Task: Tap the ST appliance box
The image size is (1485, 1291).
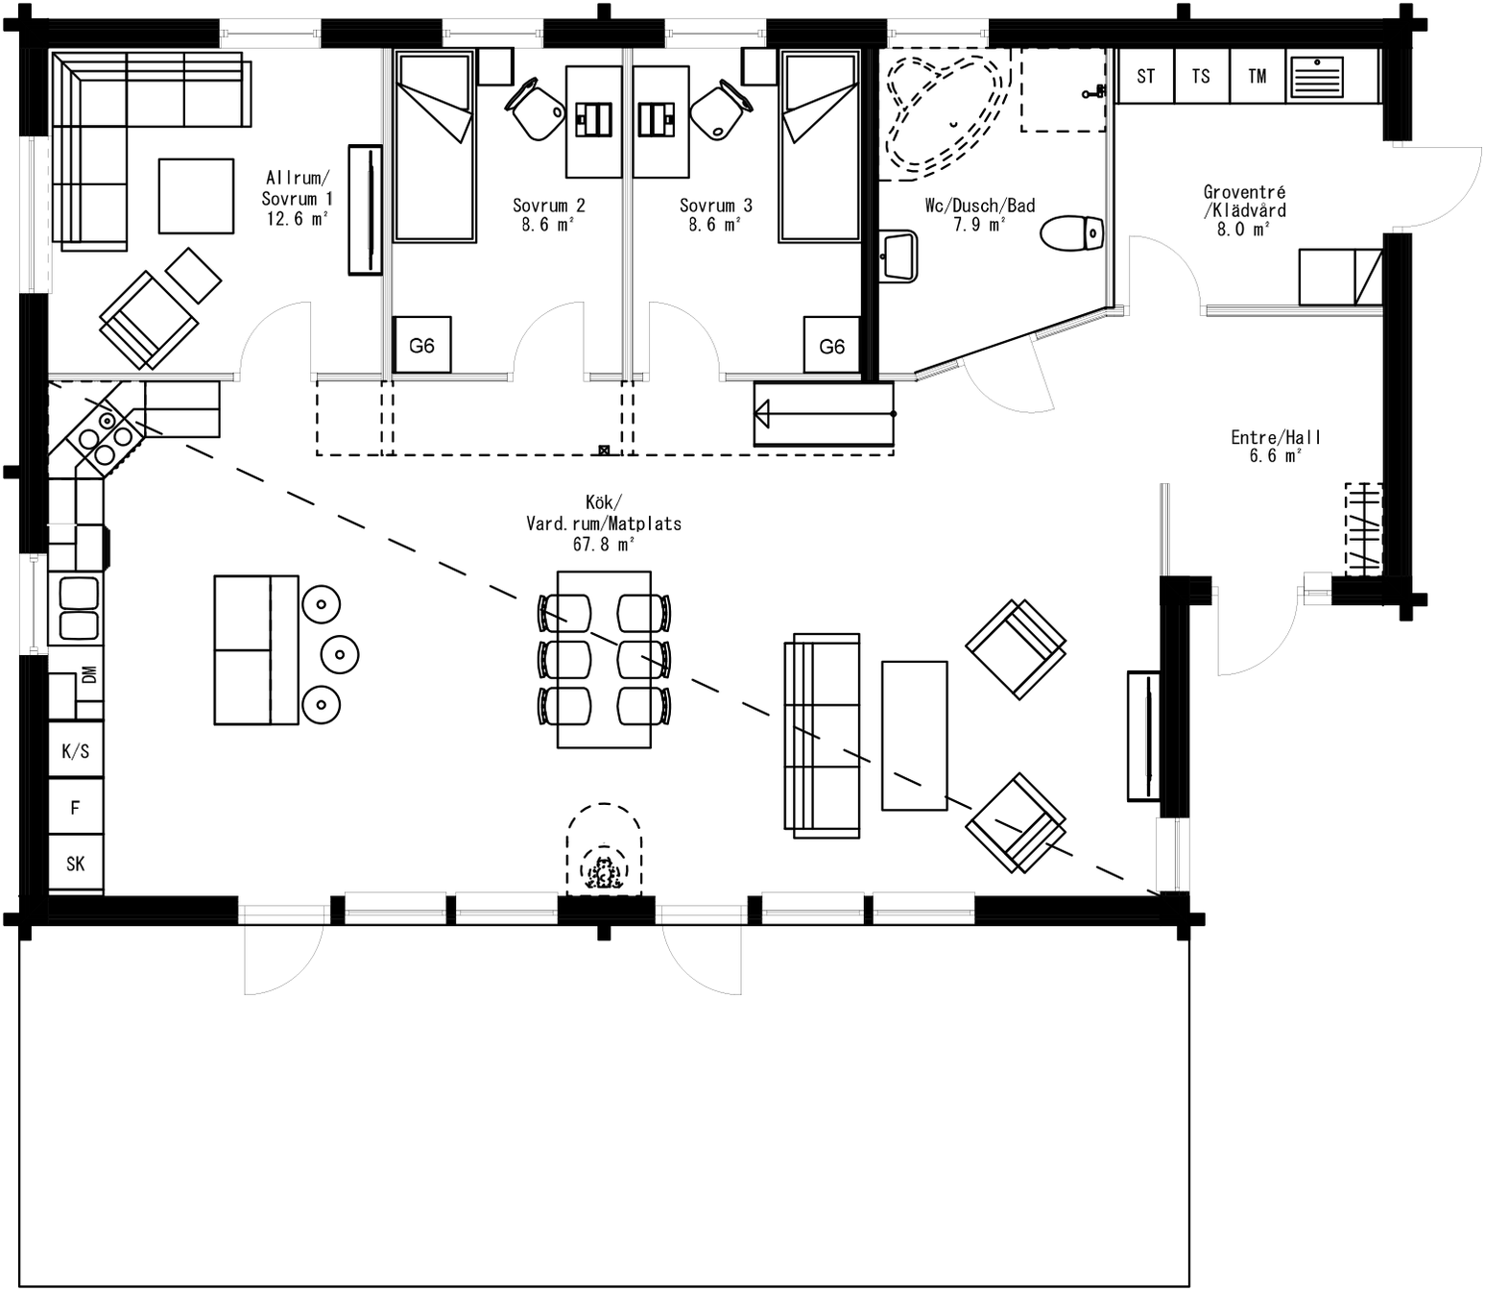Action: [x=1145, y=77]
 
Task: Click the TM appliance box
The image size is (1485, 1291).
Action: [x=1257, y=77]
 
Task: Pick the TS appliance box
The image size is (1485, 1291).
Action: [x=1201, y=77]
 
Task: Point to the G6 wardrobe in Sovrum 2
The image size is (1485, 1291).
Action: [x=421, y=346]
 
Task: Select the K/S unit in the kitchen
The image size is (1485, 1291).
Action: [x=76, y=751]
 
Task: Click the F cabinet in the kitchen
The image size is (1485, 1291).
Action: [x=76, y=808]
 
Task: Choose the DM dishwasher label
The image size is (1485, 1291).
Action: [x=89, y=674]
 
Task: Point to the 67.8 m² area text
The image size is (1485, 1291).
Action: [x=604, y=545]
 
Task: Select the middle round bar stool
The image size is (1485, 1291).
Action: [x=340, y=655]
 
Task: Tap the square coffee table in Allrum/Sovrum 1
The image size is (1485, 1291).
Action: [x=196, y=196]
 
